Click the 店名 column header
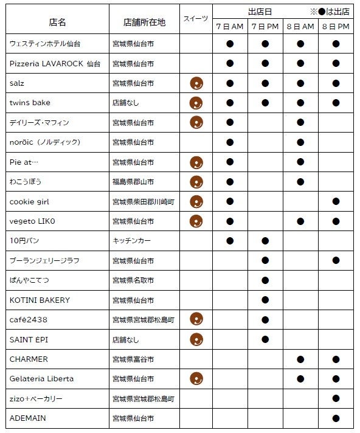pos(57,23)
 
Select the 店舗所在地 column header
pos(144,23)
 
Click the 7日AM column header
pos(230,27)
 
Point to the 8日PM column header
pos(336,27)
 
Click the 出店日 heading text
pos(260,12)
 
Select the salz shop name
pos(17,83)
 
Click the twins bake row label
pos(30,103)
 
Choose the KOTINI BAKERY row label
pos(40,300)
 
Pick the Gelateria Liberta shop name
pos(41,378)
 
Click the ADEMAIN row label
pos(27,418)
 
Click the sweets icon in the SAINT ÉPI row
pos(196,339)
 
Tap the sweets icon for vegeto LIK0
pos(196,221)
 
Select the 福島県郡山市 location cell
pos(133,182)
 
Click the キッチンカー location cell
pos(131,241)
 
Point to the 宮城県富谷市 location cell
pos(133,359)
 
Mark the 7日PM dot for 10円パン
pos(265,241)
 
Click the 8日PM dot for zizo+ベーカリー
pos(336,398)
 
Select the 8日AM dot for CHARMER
pos(300,359)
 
